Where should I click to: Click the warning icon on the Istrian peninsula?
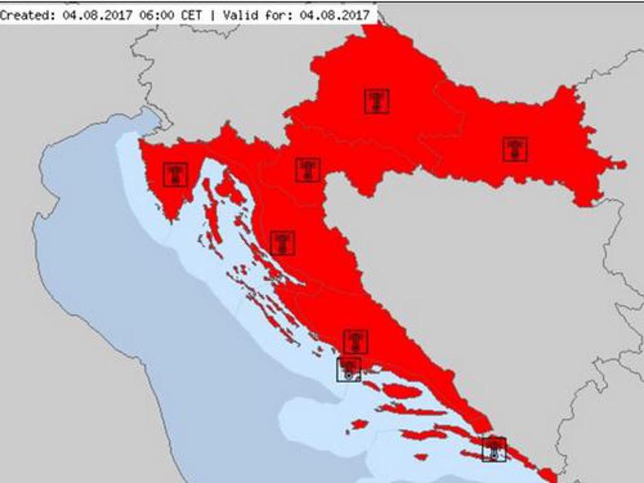click(176, 174)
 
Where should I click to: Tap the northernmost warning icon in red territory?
click(377, 101)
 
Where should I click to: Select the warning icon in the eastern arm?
click(515, 149)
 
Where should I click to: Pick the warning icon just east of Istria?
click(308, 170)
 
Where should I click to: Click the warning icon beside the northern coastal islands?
click(282, 243)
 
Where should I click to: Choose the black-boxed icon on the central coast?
click(356, 341)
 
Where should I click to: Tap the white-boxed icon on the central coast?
click(349, 369)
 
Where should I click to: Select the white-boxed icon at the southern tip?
click(494, 449)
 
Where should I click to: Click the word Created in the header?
click(23, 14)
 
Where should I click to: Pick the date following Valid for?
click(334, 14)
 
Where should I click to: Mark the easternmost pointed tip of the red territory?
click(624, 164)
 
